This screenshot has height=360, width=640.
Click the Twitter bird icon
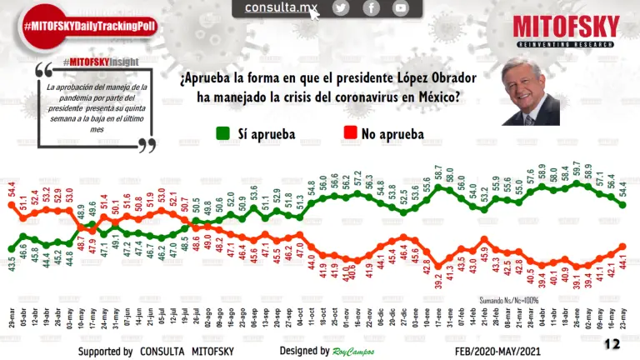point(341,8)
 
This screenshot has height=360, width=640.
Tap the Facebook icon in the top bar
point(371,8)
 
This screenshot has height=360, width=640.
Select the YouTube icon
point(401,8)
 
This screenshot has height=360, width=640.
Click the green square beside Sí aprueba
point(222,132)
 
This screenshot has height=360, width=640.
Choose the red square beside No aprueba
point(351,132)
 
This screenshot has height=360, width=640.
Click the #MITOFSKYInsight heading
point(93,62)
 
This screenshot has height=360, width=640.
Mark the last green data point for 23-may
point(623,203)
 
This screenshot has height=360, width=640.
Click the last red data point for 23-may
point(623,247)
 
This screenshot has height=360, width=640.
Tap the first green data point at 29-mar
point(11,251)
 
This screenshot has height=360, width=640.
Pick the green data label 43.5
point(12,267)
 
